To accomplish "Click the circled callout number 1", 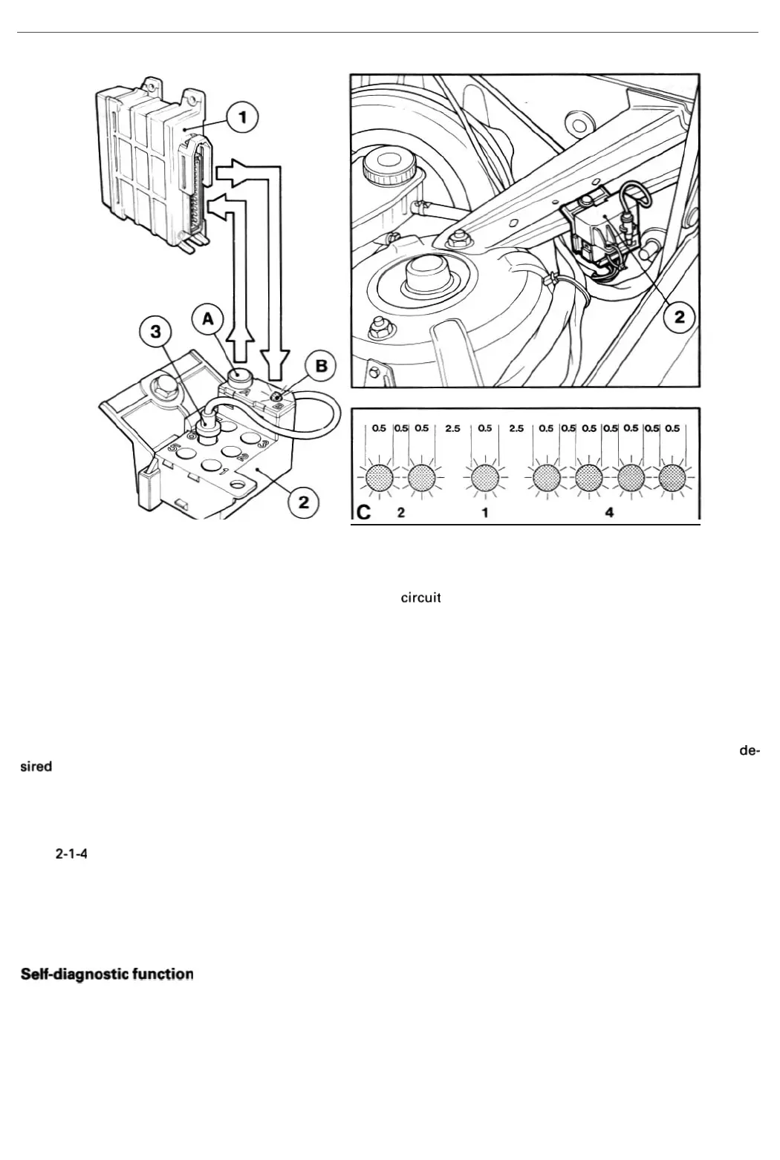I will [241, 117].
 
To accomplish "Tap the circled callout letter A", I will [208, 319].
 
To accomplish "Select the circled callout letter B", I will [321, 367].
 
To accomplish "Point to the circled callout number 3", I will [155, 332].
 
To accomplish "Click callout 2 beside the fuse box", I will [303, 502].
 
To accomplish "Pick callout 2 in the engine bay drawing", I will [678, 318].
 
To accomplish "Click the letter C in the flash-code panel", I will [364, 512].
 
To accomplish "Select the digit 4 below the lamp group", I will [609, 513].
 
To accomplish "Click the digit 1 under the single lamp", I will [484, 513].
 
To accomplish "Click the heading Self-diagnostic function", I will [107, 973].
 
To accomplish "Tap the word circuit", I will [421, 598].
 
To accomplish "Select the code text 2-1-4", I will [72, 853].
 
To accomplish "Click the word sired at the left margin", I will [36, 766].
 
